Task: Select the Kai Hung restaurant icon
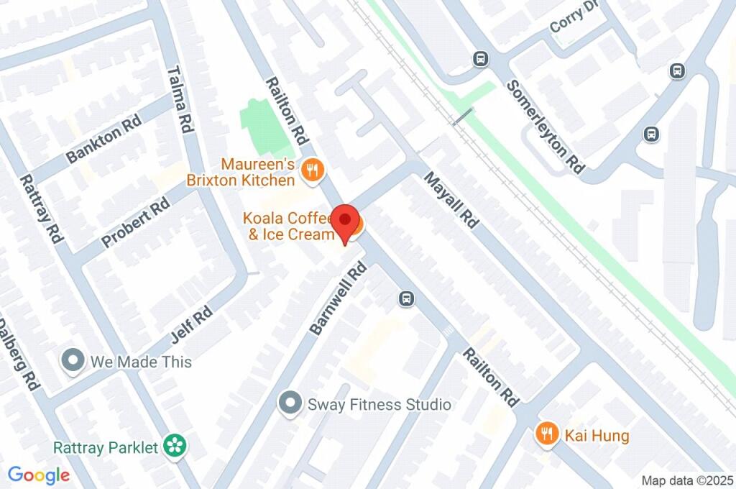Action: tap(547, 434)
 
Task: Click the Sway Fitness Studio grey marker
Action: tap(290, 404)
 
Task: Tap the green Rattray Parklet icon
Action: tap(174, 447)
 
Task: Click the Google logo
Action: tap(39, 475)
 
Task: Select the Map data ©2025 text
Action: tap(687, 480)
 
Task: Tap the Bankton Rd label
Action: tap(103, 140)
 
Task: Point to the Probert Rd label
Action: tap(136, 223)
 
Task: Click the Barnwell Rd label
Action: tap(338, 298)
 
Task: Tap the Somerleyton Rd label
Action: tap(545, 126)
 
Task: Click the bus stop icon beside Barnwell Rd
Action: tap(407, 298)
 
